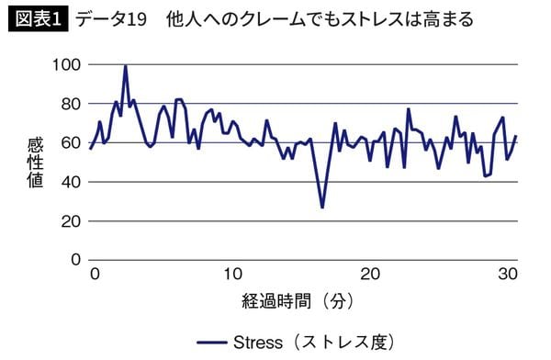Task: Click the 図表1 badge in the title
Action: click(36, 18)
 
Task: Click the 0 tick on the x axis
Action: click(93, 276)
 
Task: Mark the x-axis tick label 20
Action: click(370, 276)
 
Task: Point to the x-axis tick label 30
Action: click(510, 276)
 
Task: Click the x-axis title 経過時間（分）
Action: click(299, 300)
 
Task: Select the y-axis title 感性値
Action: click(36, 163)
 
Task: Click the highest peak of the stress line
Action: click(125, 66)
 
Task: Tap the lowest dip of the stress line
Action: click(321, 208)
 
